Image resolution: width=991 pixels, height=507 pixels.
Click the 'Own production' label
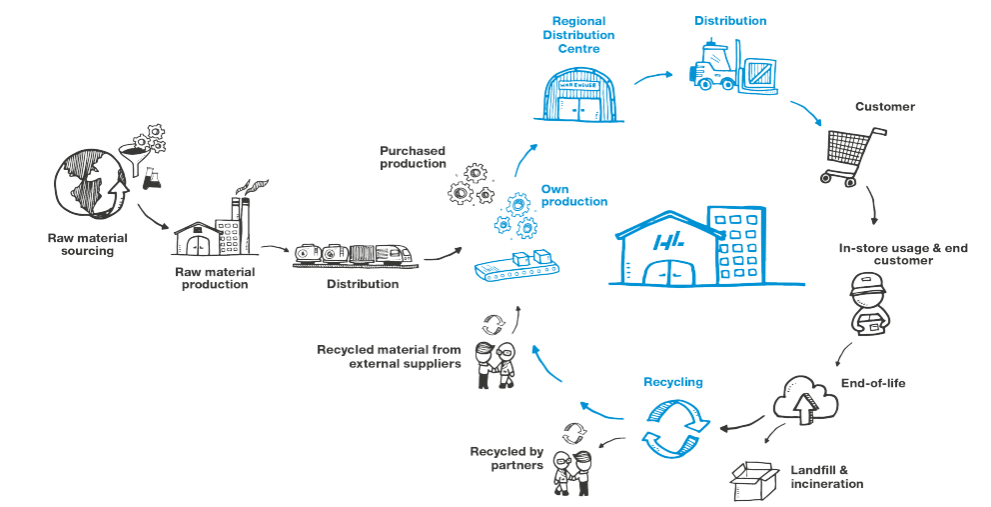coord(573,195)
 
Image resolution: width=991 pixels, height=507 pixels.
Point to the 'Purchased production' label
coord(412,158)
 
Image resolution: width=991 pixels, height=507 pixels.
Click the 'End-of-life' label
coord(874,383)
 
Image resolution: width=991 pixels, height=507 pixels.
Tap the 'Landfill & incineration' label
coord(826,477)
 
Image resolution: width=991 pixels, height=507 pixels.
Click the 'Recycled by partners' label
coord(505,457)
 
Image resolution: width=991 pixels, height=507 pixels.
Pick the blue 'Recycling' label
coord(673,382)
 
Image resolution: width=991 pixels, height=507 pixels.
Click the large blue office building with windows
coord(735,245)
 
